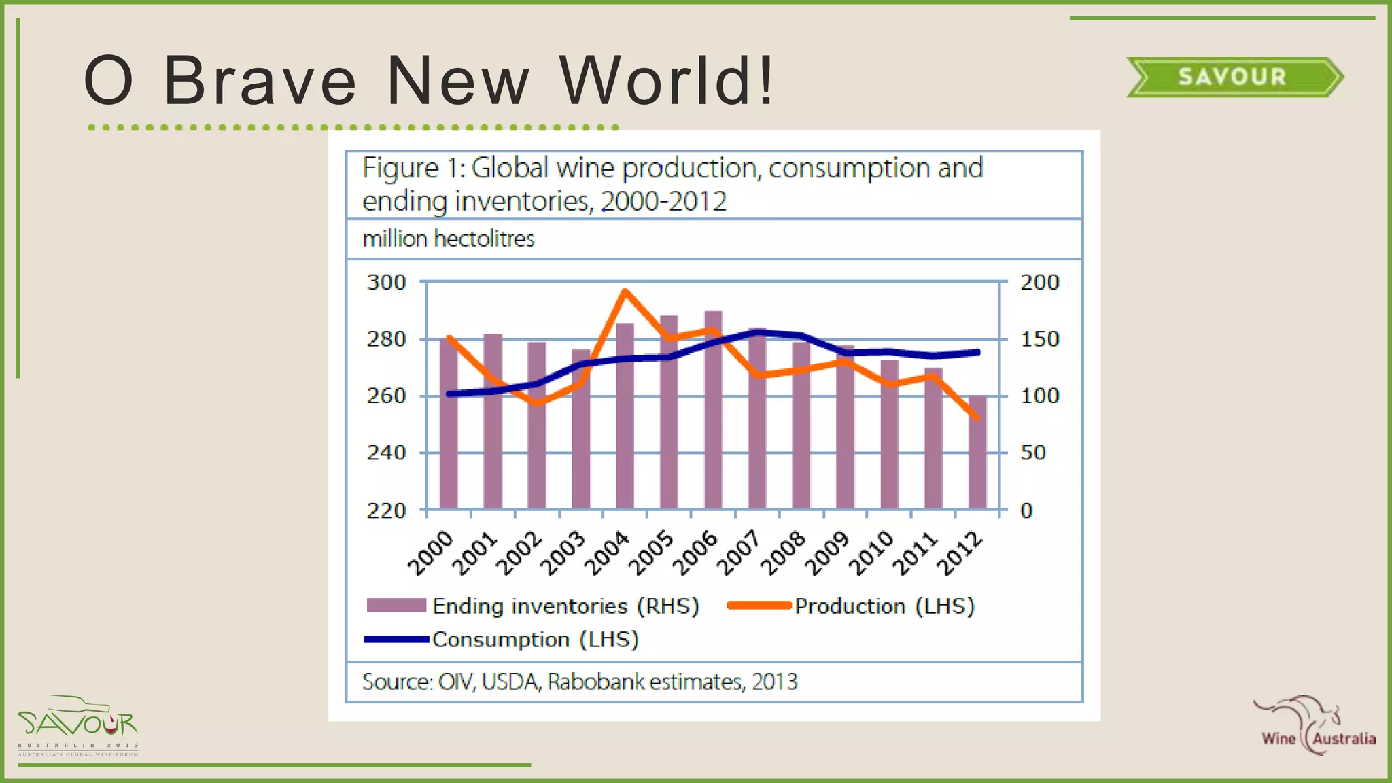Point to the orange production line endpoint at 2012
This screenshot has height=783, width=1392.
[x=977, y=418]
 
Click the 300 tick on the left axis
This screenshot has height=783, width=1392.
[x=386, y=282]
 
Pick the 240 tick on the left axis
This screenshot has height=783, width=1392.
[x=386, y=453]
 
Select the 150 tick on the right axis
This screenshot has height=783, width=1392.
[x=1039, y=339]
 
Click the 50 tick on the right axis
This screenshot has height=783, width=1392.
[x=1033, y=453]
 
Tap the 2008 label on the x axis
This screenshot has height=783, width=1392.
[x=783, y=553]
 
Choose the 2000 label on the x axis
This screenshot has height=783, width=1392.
[x=431, y=553]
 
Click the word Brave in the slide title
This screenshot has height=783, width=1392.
[x=260, y=82]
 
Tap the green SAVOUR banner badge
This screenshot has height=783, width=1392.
[x=1233, y=77]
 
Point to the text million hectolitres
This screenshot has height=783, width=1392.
[x=449, y=239]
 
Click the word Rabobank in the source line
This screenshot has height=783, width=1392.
[x=595, y=682]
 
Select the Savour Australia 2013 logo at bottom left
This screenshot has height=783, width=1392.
[x=78, y=726]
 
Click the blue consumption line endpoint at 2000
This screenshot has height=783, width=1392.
[x=449, y=394]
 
